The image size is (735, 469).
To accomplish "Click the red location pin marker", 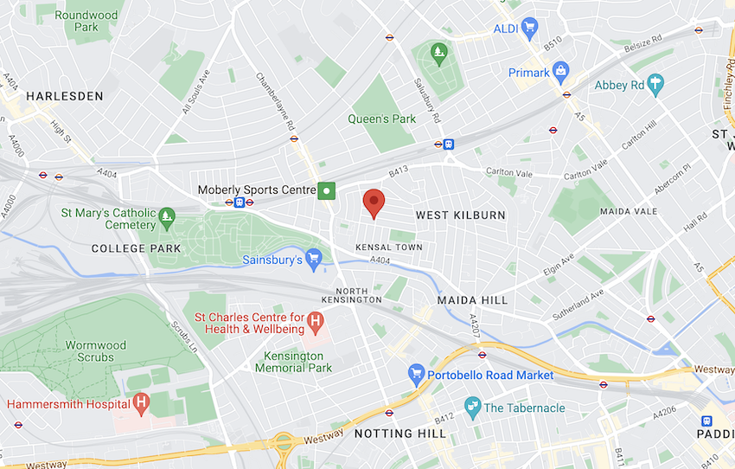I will [373, 202].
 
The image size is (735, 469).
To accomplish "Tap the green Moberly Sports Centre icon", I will [326, 190].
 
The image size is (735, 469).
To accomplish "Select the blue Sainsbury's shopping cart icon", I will [313, 258].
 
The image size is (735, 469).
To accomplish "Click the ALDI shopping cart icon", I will [529, 29].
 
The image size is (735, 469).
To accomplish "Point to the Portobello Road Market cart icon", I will [416, 375].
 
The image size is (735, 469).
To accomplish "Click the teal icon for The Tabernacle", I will [472, 407].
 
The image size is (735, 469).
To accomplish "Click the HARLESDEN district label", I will [64, 96].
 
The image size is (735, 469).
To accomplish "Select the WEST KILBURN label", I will [460, 215].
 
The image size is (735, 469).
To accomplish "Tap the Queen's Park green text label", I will [381, 119].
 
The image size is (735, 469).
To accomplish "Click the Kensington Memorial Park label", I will [293, 362].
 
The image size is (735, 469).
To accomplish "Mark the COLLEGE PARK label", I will [137, 248].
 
